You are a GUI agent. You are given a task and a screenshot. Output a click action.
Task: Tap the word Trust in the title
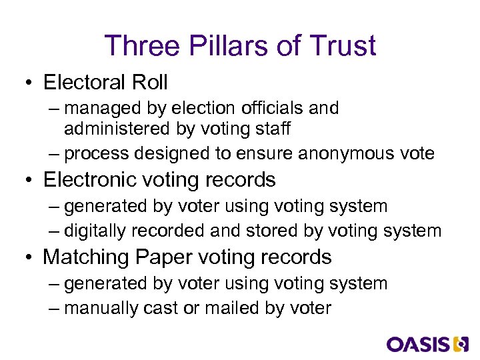pyautogui.click(x=343, y=46)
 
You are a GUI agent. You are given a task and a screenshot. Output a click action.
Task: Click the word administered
pyautogui.click(x=107, y=128)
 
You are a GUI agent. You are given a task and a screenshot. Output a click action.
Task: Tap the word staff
pyautogui.click(x=270, y=128)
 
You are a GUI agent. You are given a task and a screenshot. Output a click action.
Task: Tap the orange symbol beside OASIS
pyautogui.click(x=461, y=344)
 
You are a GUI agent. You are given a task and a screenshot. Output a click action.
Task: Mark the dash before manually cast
pyautogui.click(x=55, y=309)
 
